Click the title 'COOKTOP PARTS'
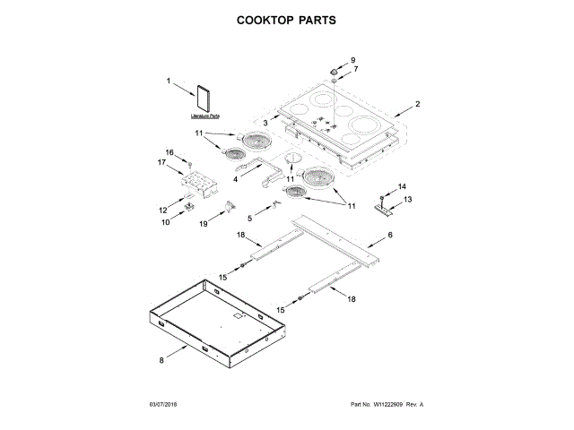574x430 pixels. click(x=286, y=18)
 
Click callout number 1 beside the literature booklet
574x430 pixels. click(x=170, y=82)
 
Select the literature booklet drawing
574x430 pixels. click(x=205, y=99)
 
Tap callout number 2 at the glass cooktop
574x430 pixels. click(x=418, y=104)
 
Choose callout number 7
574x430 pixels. click(x=354, y=69)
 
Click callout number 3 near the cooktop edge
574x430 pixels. click(x=265, y=122)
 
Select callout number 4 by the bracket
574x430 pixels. click(x=235, y=178)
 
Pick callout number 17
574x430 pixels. click(x=162, y=162)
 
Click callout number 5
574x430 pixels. click(x=237, y=218)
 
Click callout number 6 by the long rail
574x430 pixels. click(x=390, y=236)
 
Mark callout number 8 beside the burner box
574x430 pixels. click(x=162, y=360)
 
